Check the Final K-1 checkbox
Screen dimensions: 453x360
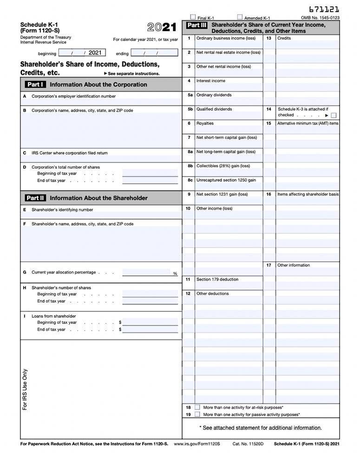(193, 17)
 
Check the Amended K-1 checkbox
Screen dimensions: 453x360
(240, 17)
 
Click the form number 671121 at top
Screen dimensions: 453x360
(324, 9)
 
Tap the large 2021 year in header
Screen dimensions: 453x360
(162, 27)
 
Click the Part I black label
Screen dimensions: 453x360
(35, 85)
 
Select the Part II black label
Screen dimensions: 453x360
(35, 198)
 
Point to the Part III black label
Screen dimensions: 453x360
(196, 25)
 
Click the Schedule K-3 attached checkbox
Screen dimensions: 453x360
(334, 115)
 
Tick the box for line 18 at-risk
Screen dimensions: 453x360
(197, 407)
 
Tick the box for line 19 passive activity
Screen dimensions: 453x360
(197, 414)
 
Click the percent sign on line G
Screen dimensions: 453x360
(175, 274)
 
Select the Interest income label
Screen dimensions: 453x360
(210, 81)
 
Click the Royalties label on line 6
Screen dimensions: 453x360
(205, 124)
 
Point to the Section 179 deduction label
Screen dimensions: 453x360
(217, 280)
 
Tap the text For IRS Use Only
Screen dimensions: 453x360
(25, 389)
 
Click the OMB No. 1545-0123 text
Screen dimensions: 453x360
(320, 18)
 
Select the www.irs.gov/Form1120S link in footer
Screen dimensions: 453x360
(196, 444)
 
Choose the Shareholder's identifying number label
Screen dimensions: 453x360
(62, 210)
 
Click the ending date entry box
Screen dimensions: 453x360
(154, 53)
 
